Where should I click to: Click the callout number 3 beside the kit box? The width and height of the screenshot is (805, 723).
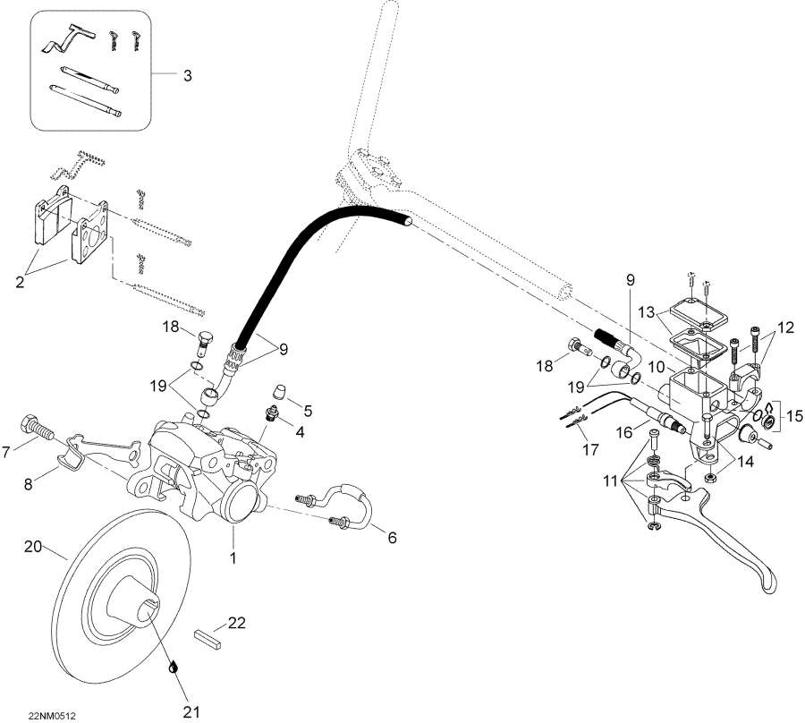coord(187,76)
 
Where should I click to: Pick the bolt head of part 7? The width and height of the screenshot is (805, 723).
coord(28,421)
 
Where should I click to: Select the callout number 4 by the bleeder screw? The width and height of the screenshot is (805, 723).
coord(300,432)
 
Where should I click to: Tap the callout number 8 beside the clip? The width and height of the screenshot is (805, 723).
coord(28,484)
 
